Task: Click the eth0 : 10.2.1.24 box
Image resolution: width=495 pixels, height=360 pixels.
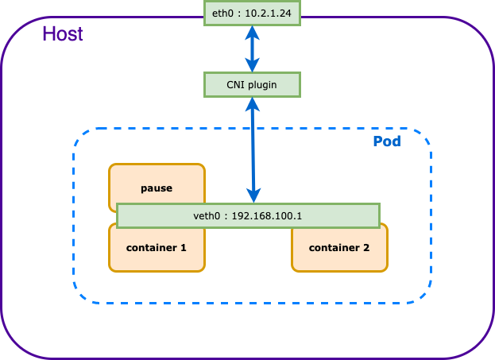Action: tap(252, 13)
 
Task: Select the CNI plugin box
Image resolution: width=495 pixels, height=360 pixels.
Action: tap(252, 84)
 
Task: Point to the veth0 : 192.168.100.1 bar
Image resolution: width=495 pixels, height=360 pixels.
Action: tap(248, 215)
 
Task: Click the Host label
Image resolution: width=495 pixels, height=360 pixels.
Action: tap(62, 34)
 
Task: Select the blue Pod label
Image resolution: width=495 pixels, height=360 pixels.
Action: tap(387, 141)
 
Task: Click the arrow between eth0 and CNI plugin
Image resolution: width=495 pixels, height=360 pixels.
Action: tap(252, 49)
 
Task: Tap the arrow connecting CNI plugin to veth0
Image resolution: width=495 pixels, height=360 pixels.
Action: tap(253, 149)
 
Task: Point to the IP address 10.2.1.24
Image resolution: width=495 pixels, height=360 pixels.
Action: tap(269, 13)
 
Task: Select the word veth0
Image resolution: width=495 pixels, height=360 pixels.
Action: tap(207, 215)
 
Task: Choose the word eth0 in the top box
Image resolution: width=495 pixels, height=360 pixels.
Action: tap(223, 13)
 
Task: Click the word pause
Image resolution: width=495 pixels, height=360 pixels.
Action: tap(157, 188)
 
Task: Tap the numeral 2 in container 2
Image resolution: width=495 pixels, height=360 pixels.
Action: tap(366, 247)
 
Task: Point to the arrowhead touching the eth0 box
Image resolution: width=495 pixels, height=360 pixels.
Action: tap(252, 32)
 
